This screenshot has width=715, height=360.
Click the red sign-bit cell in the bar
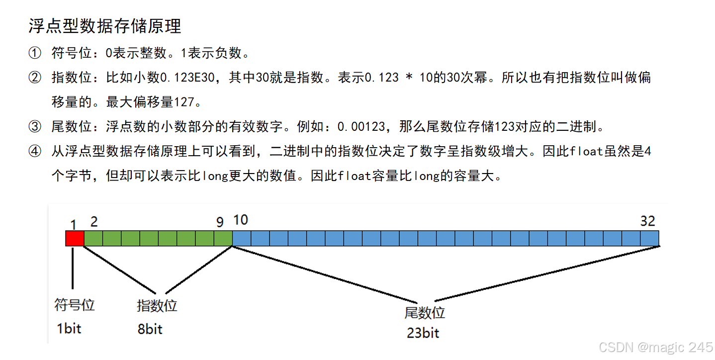(x=75, y=238)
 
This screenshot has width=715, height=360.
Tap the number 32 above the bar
(x=647, y=221)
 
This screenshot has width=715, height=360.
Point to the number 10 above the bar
(x=241, y=220)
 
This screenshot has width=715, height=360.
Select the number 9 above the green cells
(x=220, y=222)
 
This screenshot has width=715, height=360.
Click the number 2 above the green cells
(x=94, y=220)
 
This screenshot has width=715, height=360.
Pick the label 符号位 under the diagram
(x=74, y=305)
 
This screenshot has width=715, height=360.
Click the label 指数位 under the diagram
(x=157, y=305)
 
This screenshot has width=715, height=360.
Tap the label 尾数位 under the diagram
(x=424, y=313)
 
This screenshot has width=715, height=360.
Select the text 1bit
(x=69, y=328)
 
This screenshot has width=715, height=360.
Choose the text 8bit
(x=150, y=329)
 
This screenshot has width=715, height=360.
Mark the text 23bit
(x=423, y=333)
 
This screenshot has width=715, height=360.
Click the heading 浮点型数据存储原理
(x=104, y=26)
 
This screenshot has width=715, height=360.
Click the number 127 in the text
(x=183, y=102)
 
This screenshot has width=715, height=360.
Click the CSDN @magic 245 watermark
(x=655, y=347)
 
